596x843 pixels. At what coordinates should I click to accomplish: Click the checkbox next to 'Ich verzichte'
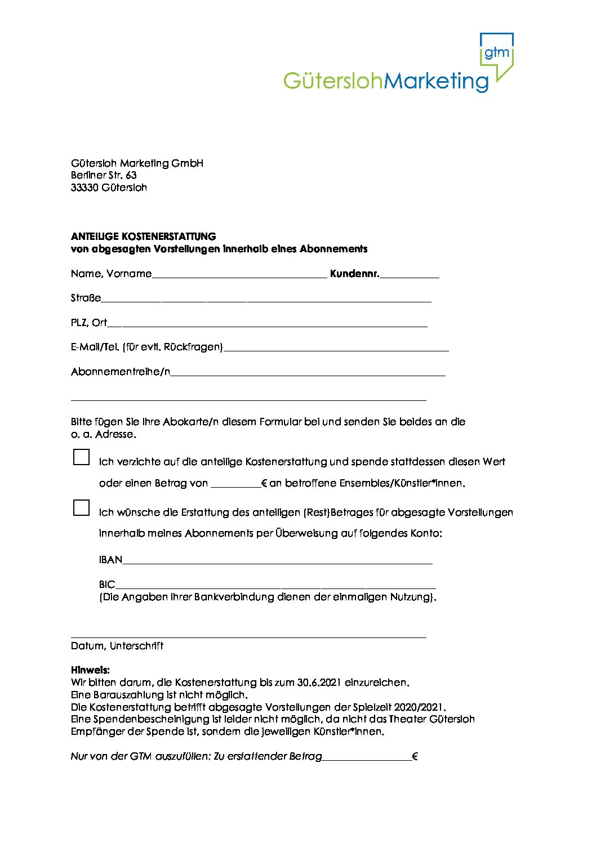[82, 457]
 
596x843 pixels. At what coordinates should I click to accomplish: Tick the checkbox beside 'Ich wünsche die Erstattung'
[82, 507]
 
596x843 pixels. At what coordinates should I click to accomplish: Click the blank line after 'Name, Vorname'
[239, 274]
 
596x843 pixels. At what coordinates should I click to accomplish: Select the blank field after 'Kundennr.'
[410, 274]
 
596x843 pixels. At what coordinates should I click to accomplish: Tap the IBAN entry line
[277, 560]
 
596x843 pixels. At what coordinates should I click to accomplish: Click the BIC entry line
[275, 585]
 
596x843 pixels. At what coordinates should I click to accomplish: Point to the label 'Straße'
[86, 298]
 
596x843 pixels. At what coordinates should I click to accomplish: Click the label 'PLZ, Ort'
[89, 323]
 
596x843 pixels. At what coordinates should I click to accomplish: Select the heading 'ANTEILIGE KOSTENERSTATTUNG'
[144, 237]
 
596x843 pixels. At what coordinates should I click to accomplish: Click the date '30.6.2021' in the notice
[319, 683]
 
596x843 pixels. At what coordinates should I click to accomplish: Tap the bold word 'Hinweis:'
[90, 670]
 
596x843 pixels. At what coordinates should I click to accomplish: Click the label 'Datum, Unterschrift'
[117, 646]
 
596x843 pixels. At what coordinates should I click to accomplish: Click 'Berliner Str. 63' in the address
[104, 175]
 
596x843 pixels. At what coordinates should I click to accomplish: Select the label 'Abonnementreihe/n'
[121, 372]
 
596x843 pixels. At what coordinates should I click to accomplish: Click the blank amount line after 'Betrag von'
[235, 483]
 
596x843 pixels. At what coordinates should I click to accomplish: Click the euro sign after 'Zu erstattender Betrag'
[415, 756]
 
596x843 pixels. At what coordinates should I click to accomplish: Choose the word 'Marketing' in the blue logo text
[436, 82]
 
